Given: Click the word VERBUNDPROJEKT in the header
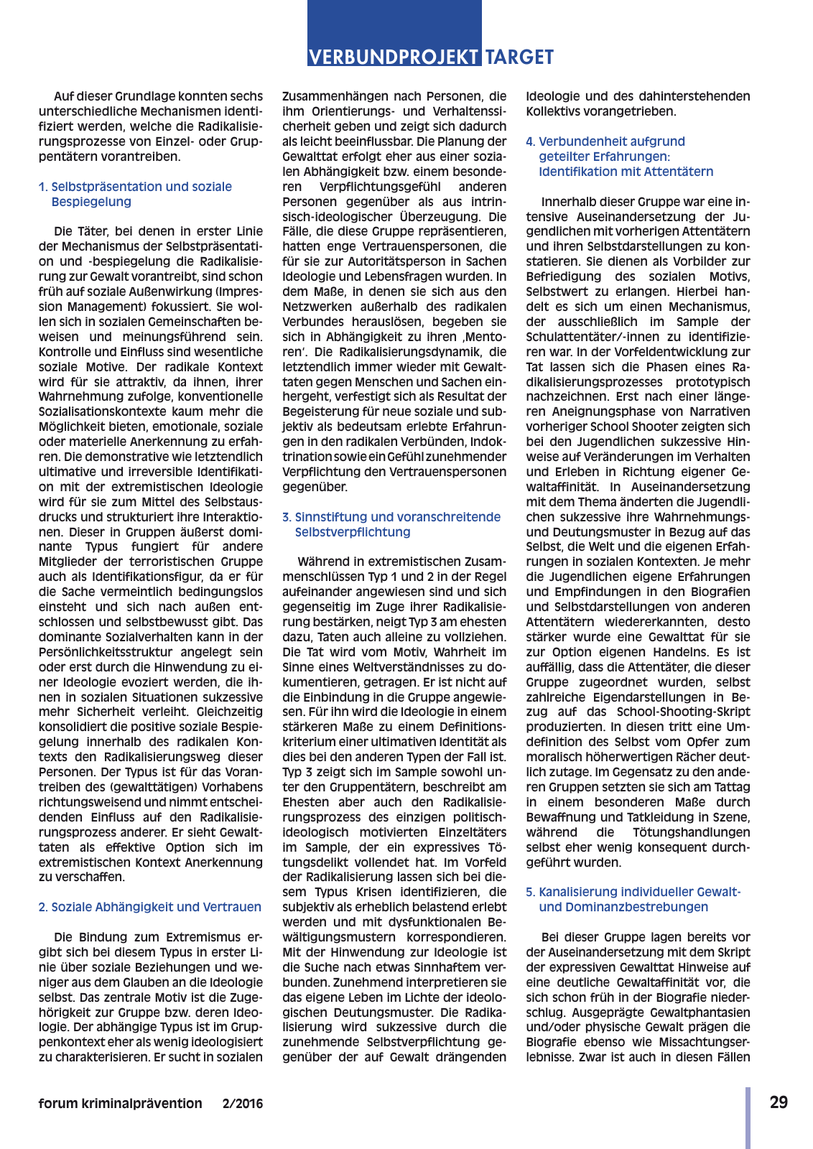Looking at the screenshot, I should pos(394,57).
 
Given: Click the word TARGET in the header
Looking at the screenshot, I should pos(519,57).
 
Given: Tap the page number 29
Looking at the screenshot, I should pos(779,1102).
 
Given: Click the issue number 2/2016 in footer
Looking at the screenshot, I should pos(243,1104).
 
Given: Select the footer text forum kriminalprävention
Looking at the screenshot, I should pos(120,1104).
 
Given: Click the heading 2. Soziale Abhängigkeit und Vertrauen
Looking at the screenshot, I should pos(150,907).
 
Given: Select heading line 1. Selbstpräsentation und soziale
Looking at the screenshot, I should pos(135,187).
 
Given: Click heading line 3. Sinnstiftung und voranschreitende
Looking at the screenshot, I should pos(391,517).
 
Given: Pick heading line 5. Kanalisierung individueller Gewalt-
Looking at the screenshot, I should pos(633,892).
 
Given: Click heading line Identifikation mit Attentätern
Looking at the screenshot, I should pos(626,172).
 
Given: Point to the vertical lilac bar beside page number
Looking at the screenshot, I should pos(748,1117).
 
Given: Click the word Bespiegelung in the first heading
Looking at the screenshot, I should pos(91,202).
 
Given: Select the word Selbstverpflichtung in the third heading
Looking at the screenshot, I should pos(353,532).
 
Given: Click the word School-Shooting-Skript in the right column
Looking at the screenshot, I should pos(683,712).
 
